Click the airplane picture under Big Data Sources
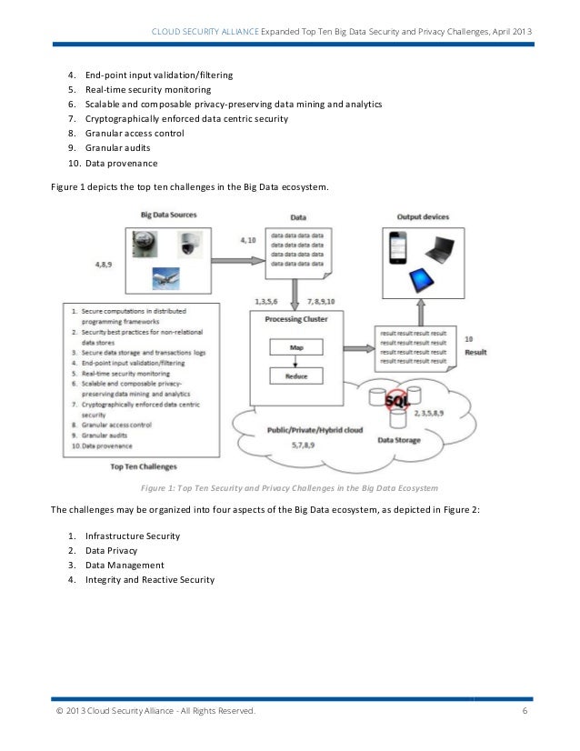point(165,276)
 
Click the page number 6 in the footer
point(525,711)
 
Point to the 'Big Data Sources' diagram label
point(168,215)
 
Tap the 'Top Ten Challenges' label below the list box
point(143,466)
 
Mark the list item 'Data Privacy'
point(112,550)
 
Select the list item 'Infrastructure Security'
point(133,536)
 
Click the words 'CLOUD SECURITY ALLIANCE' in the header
point(207,33)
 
